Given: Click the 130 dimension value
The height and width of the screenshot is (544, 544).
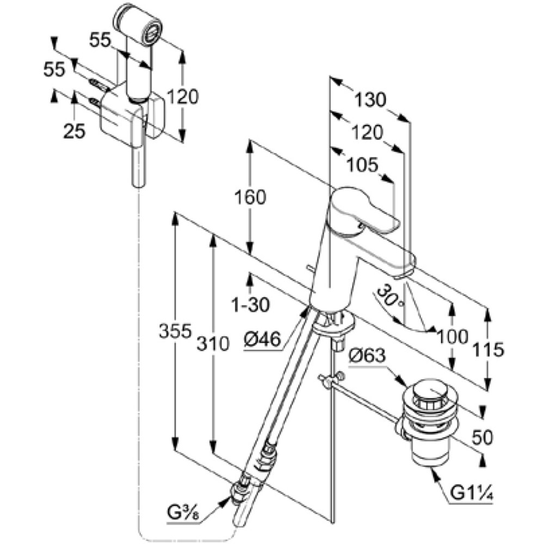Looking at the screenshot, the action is (370, 100).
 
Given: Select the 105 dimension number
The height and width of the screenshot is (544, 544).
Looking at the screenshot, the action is (362, 165).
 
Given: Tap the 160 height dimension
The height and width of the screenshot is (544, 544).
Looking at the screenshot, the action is (250, 197).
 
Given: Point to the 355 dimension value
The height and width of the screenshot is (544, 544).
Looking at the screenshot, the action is (175, 331).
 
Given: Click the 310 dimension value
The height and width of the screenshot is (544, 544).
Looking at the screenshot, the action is (213, 344).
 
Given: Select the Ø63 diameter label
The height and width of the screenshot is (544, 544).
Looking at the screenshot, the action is (367, 356).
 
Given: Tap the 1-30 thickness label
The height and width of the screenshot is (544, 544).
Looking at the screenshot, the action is (250, 305).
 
